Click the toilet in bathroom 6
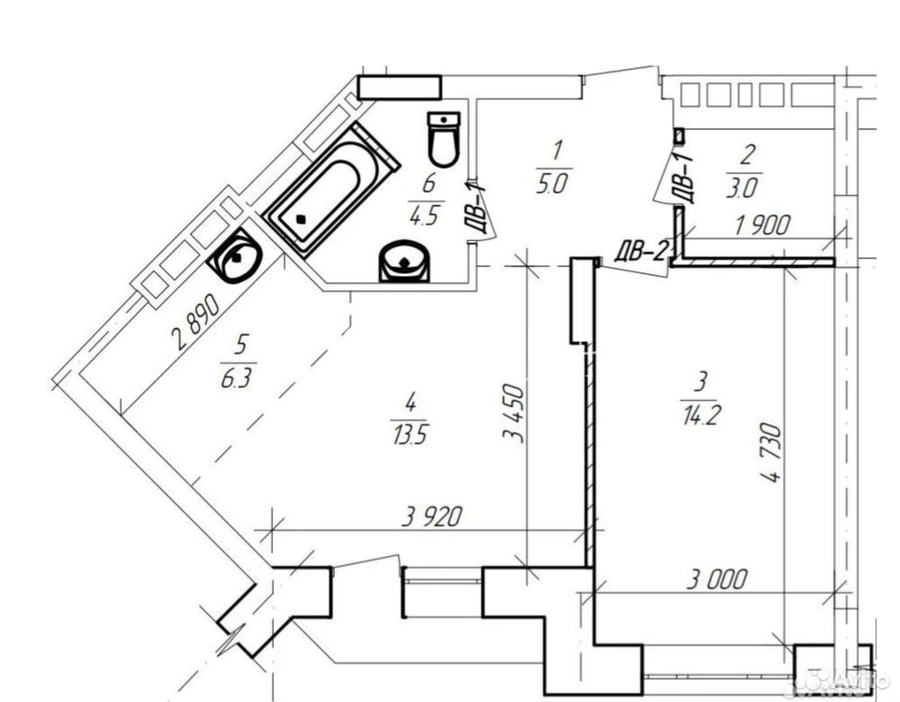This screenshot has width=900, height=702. pyautogui.click(x=444, y=139)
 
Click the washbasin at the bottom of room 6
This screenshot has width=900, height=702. pyautogui.click(x=405, y=261)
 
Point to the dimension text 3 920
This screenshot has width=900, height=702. pyautogui.click(x=431, y=517)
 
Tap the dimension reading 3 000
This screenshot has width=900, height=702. pyautogui.click(x=717, y=579)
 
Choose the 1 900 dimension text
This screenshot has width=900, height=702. pyautogui.click(x=762, y=225)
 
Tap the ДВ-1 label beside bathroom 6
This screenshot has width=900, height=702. pyautogui.click(x=475, y=208)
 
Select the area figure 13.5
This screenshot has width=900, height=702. pyautogui.click(x=410, y=435)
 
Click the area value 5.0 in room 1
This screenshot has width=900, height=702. pyautogui.click(x=553, y=184)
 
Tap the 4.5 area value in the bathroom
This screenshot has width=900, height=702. pyautogui.click(x=424, y=216)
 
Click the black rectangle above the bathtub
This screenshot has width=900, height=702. pyautogui.click(x=400, y=88)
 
